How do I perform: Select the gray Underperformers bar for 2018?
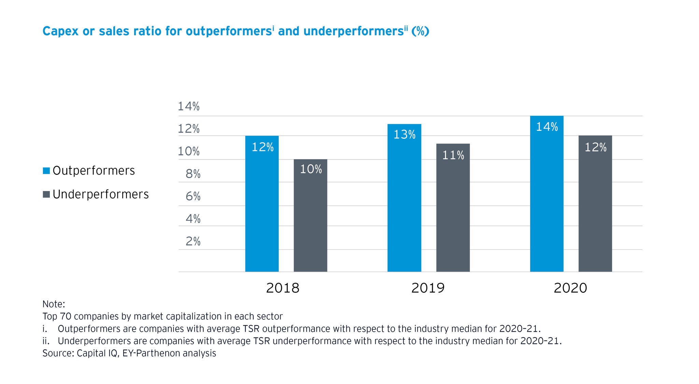310,215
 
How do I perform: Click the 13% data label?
404,135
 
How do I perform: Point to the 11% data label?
453,155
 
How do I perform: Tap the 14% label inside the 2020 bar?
547,127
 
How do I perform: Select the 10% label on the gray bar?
311,169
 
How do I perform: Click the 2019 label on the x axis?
428,288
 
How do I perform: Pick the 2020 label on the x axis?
570,288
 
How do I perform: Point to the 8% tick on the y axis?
193,174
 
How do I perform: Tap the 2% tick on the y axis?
193,241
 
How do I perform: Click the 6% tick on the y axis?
193,196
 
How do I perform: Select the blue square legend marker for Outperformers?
46,170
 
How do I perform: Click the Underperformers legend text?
101,194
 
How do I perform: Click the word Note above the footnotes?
53,304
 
